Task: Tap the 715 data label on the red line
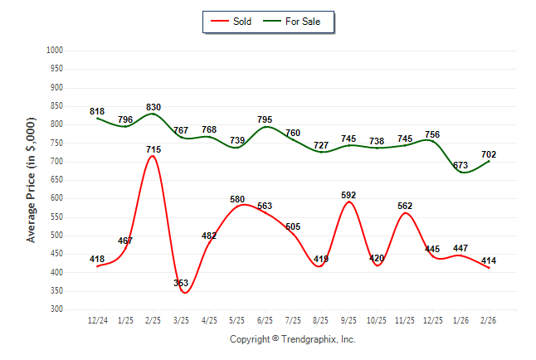(153, 149)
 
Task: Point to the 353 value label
(181, 284)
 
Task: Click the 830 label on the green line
(153, 107)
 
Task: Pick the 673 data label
(460, 165)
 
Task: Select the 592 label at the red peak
(348, 196)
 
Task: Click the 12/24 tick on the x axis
(97, 319)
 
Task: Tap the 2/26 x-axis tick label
(488, 319)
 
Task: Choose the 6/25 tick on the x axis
(265, 319)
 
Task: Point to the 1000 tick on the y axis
(56, 51)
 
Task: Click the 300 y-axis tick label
(57, 309)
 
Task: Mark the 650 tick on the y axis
(57, 180)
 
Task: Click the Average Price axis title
(32, 179)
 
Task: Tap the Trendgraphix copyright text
(292, 339)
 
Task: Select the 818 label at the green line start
(97, 111)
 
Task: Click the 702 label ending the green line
(488, 154)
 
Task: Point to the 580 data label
(237, 199)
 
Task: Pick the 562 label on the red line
(404, 207)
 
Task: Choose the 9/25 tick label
(348, 319)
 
